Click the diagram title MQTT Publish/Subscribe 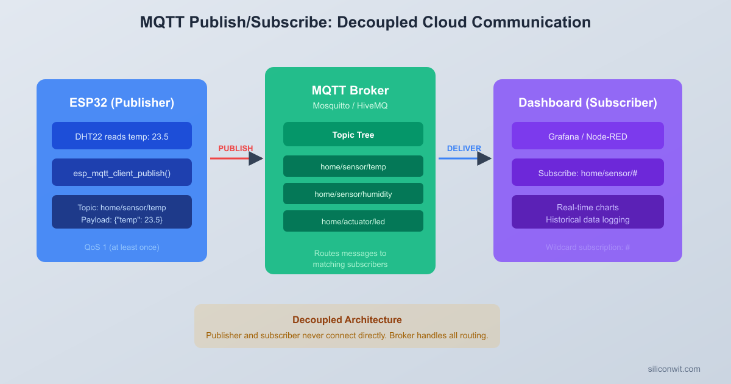(365, 23)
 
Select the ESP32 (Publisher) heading (122, 102)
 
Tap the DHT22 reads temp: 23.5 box (122, 136)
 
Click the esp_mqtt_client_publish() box (122, 172)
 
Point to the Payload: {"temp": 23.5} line (122, 219)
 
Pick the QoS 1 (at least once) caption (122, 247)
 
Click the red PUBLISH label (235, 148)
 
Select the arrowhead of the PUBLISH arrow (256, 158)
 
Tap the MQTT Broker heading (350, 91)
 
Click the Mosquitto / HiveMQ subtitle (350, 105)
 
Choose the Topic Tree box (353, 134)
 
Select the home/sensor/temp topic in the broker (353, 166)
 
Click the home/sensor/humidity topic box (353, 194)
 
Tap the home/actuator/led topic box (353, 221)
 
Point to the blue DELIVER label (464, 148)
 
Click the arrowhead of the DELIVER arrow (484, 158)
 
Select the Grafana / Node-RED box (588, 136)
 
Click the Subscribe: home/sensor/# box (588, 172)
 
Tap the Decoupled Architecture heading (347, 320)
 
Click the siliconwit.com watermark (674, 369)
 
